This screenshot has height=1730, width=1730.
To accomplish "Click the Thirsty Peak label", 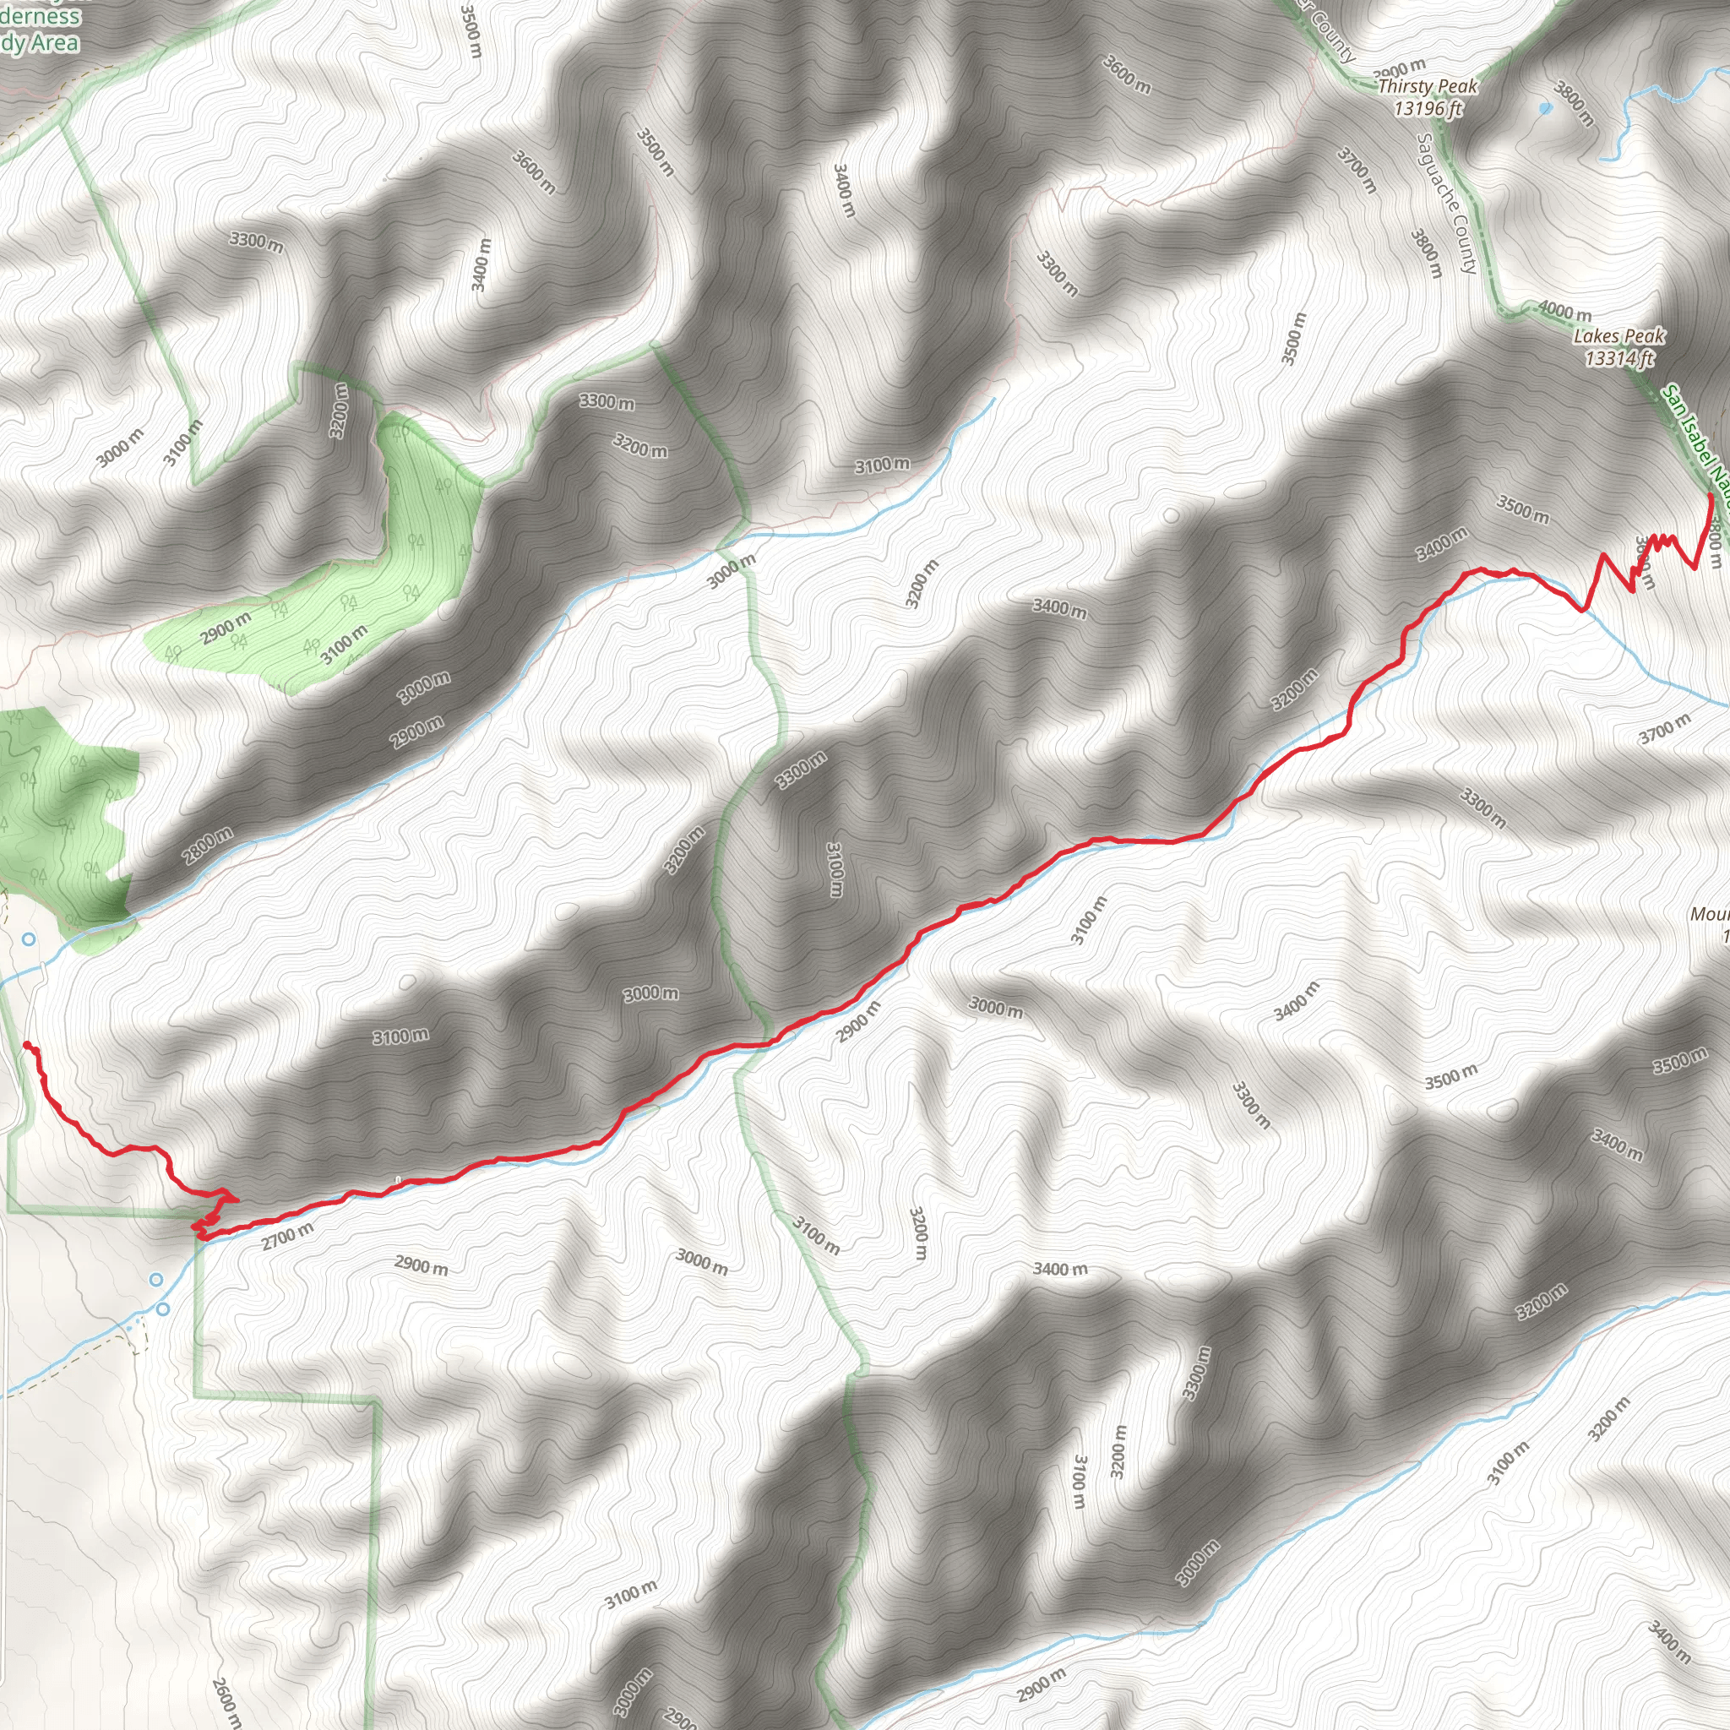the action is [x=1428, y=87].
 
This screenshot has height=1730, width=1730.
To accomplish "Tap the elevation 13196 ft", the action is [x=1428, y=108].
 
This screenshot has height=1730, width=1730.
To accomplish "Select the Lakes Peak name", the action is [x=1619, y=337].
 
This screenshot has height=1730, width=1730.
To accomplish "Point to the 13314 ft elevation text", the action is [x=1619, y=359].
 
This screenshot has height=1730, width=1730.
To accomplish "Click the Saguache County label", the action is [x=1446, y=204].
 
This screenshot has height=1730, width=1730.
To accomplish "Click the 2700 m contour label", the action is [x=287, y=1237].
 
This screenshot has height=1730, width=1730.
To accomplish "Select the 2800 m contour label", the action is [x=208, y=846].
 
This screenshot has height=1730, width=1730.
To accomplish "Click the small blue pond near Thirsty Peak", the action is [x=1544, y=108].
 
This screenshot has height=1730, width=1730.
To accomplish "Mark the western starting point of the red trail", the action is [x=26, y=1045].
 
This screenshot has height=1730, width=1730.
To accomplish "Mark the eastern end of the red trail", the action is [x=1711, y=495].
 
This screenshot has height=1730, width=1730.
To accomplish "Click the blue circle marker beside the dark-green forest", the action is [x=29, y=939].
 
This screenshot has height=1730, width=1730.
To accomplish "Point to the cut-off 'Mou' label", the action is [x=1711, y=914].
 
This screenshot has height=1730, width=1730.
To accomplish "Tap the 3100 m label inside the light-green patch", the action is [x=344, y=645].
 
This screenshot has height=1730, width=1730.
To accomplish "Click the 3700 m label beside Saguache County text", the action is [x=1357, y=170].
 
